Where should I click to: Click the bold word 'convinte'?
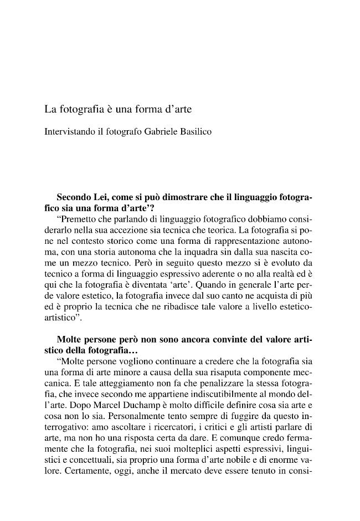point(224,338)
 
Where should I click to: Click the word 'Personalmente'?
point(149,407)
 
